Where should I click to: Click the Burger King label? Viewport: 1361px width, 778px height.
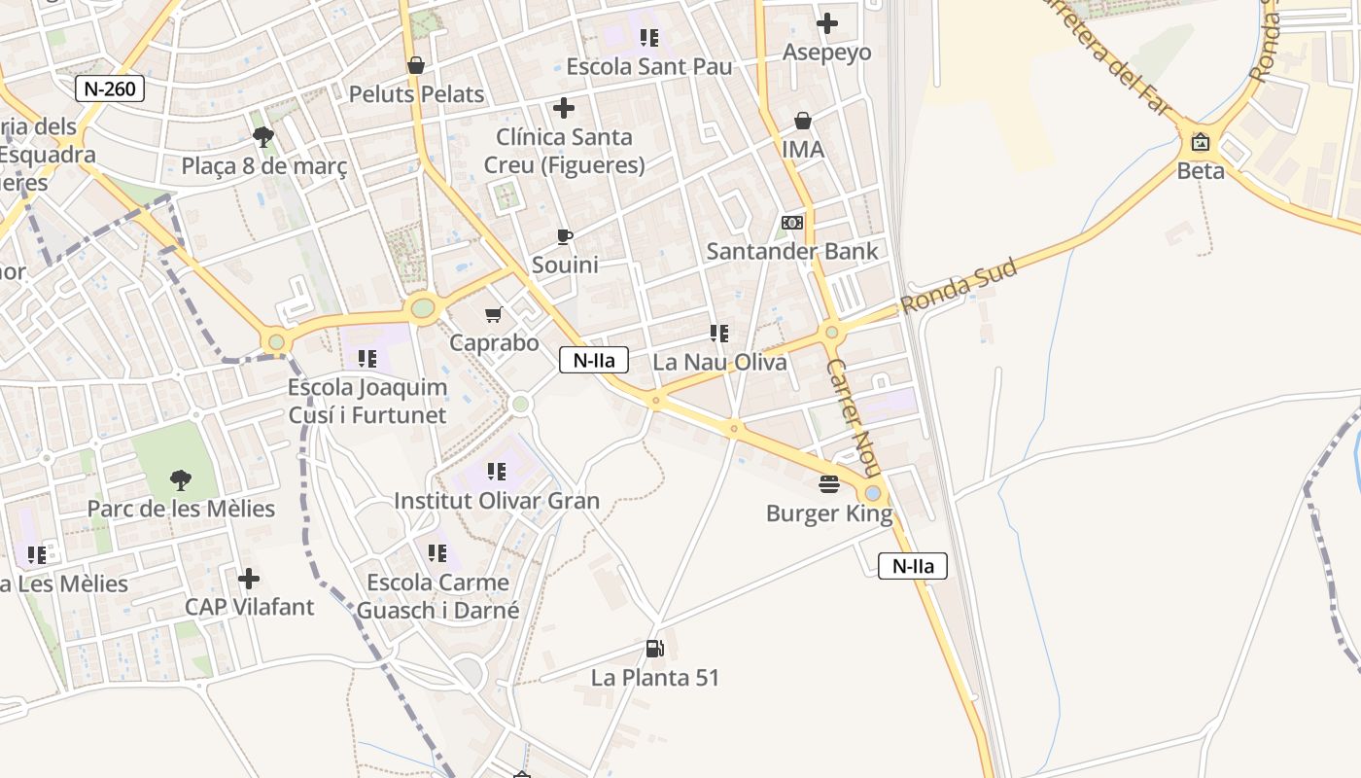point(828,513)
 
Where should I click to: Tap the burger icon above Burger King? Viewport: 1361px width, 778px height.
point(829,483)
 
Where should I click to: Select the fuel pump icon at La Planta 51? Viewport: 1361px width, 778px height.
point(655,649)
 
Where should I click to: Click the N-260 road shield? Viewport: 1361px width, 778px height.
point(110,88)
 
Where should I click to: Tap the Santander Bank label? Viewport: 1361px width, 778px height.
point(791,251)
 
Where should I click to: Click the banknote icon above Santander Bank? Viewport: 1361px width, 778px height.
point(792,223)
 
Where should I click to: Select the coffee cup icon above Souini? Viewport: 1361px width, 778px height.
point(564,236)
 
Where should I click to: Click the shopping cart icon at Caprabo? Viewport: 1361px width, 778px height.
point(494,314)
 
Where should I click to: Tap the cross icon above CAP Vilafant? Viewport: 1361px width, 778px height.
point(249,579)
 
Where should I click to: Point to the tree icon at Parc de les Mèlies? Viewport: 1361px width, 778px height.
point(180,479)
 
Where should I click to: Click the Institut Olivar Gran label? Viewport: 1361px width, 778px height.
point(497,501)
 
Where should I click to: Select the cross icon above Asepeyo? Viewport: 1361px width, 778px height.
point(827,22)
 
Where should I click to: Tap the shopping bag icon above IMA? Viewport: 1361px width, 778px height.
point(803,121)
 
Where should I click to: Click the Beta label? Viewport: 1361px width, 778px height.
point(1201,171)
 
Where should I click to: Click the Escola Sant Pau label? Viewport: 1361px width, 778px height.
point(648,67)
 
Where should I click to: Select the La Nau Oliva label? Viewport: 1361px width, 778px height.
point(719,362)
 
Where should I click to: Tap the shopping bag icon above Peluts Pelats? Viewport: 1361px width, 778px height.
point(416,65)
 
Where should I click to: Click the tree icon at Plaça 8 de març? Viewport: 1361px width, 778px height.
point(262,136)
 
